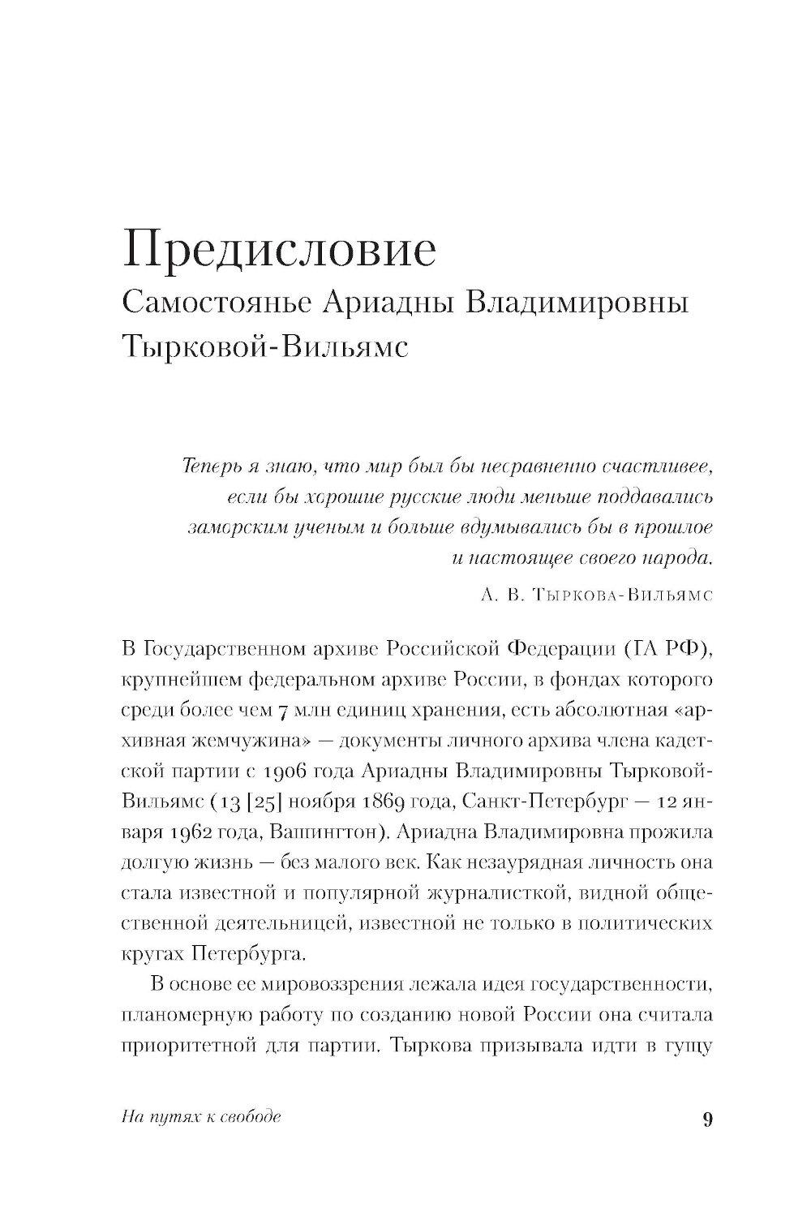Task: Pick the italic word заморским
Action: (227, 528)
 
